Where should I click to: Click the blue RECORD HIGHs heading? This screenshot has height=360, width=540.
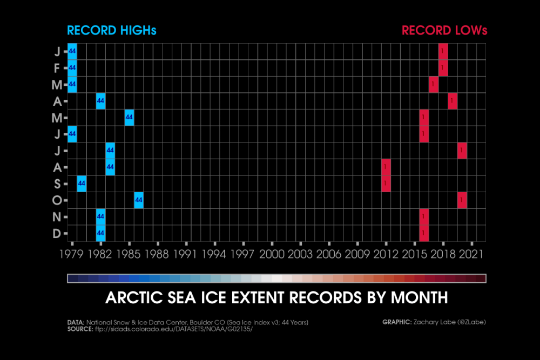click(111, 30)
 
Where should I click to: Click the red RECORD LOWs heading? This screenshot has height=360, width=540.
click(444, 30)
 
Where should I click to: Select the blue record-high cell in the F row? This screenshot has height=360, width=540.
click(72, 68)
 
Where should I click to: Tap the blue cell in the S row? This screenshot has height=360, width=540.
click(82, 184)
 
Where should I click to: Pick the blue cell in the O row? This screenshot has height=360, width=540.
click(139, 200)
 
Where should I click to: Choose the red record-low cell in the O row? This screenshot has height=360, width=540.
click(462, 200)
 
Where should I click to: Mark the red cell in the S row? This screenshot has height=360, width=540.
click(386, 184)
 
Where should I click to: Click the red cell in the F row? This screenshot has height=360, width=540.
click(443, 68)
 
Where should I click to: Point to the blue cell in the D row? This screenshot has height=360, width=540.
click(100, 233)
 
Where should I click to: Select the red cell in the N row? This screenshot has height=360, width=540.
click(424, 217)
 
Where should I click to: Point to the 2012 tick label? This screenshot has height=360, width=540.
click(386, 253)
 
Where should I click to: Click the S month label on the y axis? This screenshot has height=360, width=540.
click(57, 184)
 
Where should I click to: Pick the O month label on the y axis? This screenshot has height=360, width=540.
click(57, 200)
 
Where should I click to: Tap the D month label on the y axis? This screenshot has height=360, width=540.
click(57, 233)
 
